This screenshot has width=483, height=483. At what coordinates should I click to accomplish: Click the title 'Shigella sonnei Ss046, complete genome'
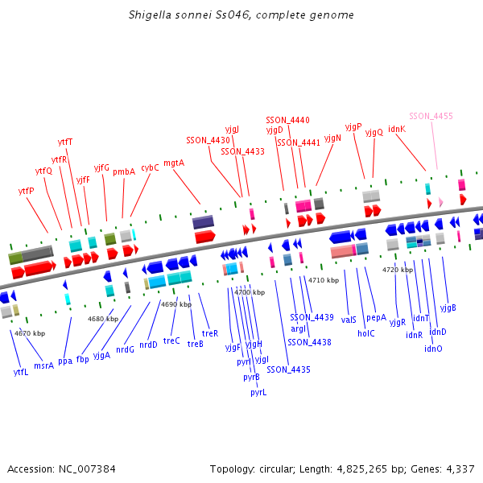[x=241, y=15]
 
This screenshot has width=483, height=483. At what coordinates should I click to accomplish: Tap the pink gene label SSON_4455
[x=431, y=116]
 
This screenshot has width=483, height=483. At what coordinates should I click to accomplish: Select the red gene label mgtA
[x=174, y=163]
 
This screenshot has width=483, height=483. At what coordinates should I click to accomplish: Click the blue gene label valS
[x=349, y=320]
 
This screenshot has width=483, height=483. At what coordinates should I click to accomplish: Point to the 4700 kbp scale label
[x=249, y=292]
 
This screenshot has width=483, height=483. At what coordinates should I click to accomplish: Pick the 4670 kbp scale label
[x=30, y=332]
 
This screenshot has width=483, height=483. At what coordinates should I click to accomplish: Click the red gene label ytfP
[x=26, y=191]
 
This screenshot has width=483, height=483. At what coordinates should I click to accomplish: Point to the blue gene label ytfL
[x=21, y=372]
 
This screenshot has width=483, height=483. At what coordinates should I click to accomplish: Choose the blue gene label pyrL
[x=258, y=393]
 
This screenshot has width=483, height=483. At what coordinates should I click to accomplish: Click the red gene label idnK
[x=397, y=128]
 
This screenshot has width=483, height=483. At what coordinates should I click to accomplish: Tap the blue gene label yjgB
[x=448, y=308]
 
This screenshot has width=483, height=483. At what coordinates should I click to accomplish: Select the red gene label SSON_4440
[x=287, y=120]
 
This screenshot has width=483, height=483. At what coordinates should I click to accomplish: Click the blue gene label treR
[x=210, y=332]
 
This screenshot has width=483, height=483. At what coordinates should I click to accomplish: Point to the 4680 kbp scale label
[x=103, y=319]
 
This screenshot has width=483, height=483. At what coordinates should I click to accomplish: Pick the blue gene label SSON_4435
[x=288, y=369]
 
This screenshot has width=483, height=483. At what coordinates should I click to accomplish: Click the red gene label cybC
[x=150, y=167]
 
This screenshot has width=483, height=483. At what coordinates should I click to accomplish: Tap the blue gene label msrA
[x=44, y=365]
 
